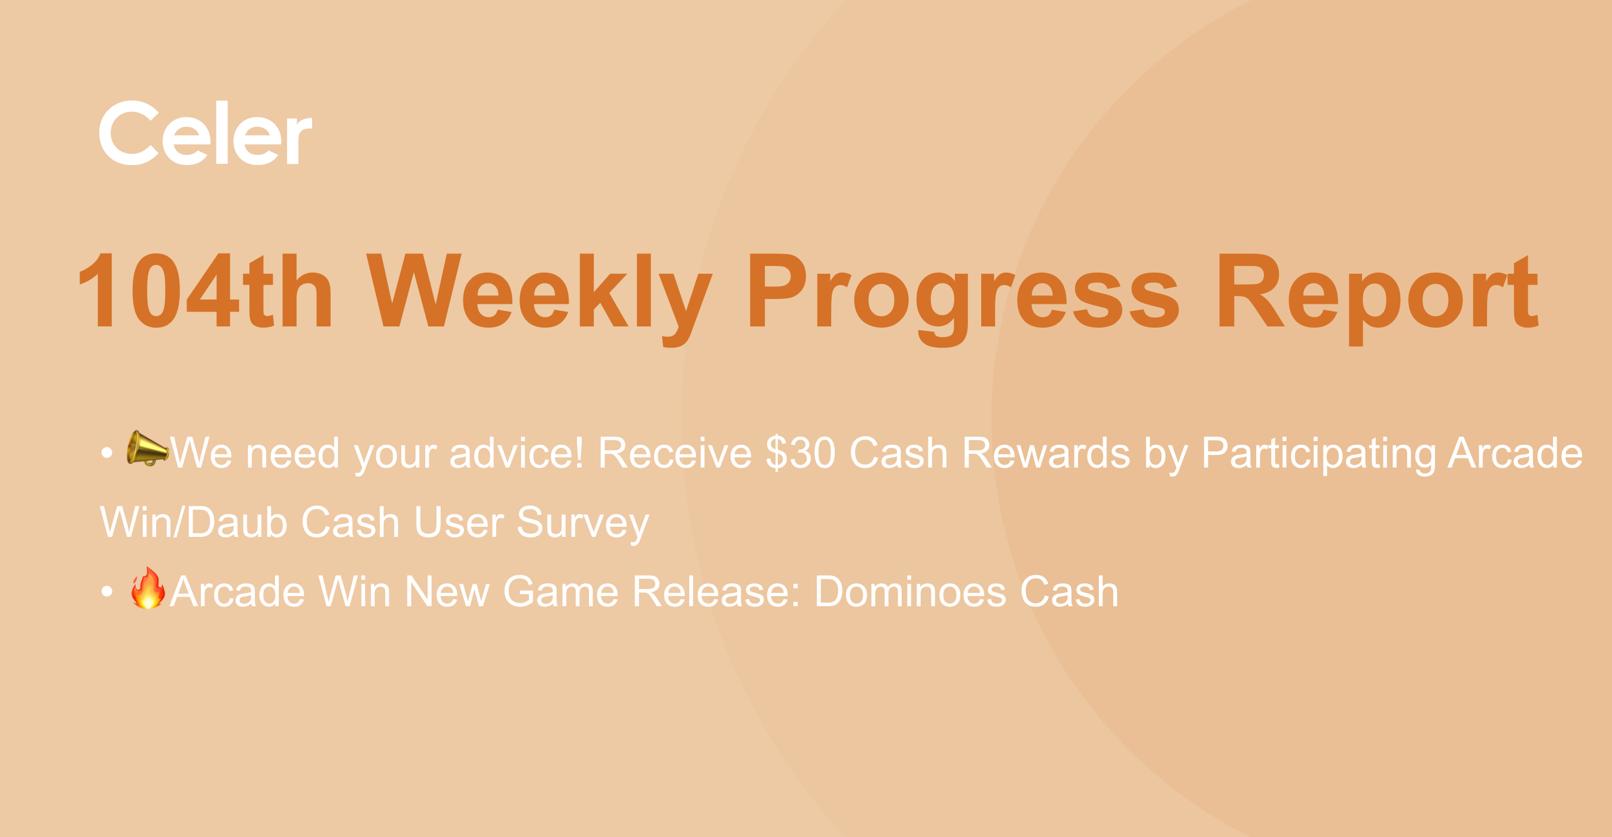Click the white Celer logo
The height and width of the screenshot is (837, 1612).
[205, 133]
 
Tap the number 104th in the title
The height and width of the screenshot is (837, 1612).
[206, 291]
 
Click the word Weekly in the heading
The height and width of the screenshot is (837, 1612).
[539, 299]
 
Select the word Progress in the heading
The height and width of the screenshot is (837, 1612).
[964, 299]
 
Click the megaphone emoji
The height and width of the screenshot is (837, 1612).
[147, 448]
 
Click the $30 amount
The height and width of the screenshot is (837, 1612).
[801, 453]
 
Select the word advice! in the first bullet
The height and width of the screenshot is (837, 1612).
[517, 453]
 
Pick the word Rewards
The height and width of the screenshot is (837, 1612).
[1046, 453]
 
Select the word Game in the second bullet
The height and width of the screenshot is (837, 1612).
[561, 591]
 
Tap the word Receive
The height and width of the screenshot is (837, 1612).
[674, 453]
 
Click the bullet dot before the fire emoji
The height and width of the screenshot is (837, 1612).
[107, 591]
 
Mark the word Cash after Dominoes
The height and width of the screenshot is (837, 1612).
[1070, 591]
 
